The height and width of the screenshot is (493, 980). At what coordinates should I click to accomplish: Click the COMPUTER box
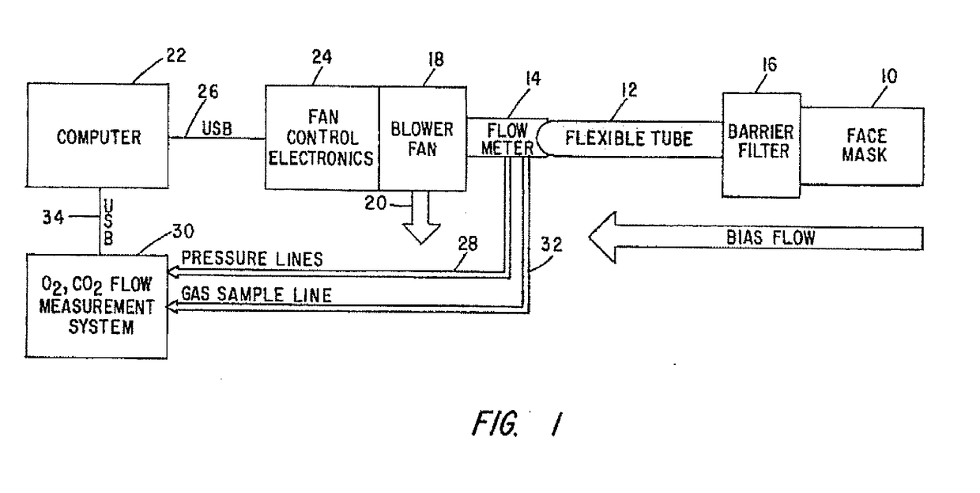pyautogui.click(x=97, y=136)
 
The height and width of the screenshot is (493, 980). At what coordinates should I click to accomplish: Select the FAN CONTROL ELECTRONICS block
pyautogui.click(x=322, y=138)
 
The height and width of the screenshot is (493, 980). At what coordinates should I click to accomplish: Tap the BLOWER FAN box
pyautogui.click(x=423, y=138)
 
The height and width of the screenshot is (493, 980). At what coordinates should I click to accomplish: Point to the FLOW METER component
pyautogui.click(x=507, y=138)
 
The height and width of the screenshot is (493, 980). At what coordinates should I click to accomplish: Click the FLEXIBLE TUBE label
pyautogui.click(x=628, y=138)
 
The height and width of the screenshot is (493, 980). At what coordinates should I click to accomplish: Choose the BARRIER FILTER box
pyautogui.click(x=761, y=145)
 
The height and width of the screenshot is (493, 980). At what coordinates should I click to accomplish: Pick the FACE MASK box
pyautogui.click(x=862, y=146)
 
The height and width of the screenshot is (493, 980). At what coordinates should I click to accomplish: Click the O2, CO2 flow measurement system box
pyautogui.click(x=96, y=306)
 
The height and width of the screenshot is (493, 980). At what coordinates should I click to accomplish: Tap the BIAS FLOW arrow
pyautogui.click(x=756, y=238)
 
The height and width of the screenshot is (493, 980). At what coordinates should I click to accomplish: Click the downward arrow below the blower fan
pyautogui.click(x=421, y=218)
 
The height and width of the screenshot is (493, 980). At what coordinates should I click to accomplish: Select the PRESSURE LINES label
pyautogui.click(x=252, y=259)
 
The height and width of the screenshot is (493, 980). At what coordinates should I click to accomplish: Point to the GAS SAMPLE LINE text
pyautogui.click(x=256, y=294)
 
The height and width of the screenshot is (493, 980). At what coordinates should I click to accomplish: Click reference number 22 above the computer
pyautogui.click(x=176, y=55)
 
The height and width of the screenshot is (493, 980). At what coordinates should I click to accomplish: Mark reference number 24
pyautogui.click(x=322, y=57)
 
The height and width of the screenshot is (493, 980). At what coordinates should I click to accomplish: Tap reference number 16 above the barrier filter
pyautogui.click(x=770, y=64)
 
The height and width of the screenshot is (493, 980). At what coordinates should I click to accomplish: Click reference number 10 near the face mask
pyautogui.click(x=889, y=76)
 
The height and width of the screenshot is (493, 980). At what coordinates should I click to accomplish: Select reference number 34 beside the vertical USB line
pyautogui.click(x=53, y=217)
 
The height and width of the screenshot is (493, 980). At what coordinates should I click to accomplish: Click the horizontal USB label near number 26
pyautogui.click(x=217, y=128)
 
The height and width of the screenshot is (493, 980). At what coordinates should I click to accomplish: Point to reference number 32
pyautogui.click(x=552, y=245)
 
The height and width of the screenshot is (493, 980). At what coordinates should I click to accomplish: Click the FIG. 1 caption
pyautogui.click(x=517, y=423)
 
